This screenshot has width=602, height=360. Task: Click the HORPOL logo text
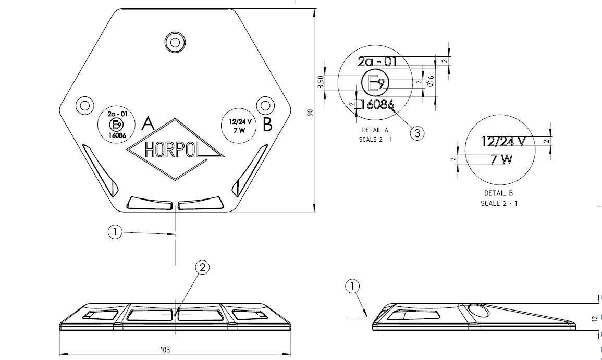point(173,150)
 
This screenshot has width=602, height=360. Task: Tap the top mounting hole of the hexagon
point(175,42)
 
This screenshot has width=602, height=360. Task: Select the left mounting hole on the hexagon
point(85,105)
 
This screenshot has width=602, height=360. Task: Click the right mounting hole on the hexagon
point(265,105)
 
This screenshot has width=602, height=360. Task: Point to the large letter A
point(148,123)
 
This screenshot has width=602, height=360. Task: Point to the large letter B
point(267,125)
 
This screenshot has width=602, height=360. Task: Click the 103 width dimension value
point(165,349)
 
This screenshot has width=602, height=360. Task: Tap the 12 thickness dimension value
point(595,318)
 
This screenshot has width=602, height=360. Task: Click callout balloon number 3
point(417,133)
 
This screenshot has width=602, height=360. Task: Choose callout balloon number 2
point(202,267)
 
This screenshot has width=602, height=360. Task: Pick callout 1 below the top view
point(115,232)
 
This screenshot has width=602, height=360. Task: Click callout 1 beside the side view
point(352,286)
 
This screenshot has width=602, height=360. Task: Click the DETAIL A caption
point(375,130)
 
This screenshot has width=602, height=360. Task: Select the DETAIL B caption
point(498,193)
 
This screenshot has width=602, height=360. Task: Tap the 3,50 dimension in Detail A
point(322,82)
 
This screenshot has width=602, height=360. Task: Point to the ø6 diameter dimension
point(431,80)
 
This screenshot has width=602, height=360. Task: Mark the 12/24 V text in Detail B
point(503,142)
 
